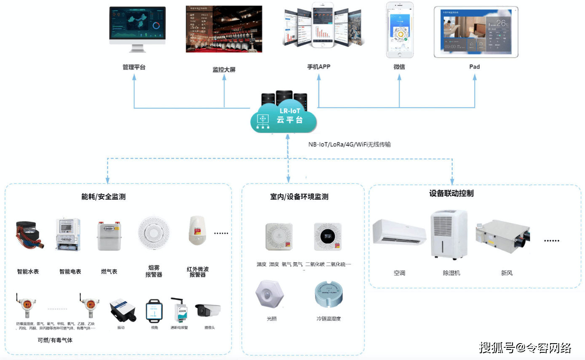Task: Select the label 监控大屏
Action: [224, 70]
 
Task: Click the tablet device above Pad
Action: [476, 32]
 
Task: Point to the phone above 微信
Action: [400, 30]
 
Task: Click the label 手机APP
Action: [318, 67]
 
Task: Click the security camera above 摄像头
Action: [208, 311]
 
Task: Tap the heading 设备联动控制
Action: [451, 194]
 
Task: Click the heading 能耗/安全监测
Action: [103, 197]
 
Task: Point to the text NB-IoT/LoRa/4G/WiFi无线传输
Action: [349, 144]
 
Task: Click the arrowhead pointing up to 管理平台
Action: [134, 77]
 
